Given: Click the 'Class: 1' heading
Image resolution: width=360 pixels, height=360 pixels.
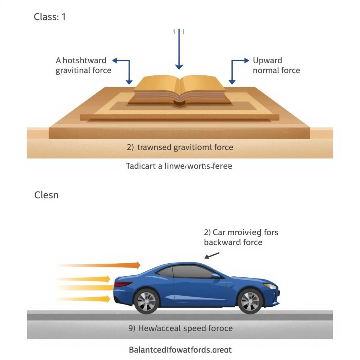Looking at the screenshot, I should pyautogui.click(x=50, y=17).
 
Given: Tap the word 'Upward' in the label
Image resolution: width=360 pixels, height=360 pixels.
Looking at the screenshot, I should pyautogui.click(x=267, y=60).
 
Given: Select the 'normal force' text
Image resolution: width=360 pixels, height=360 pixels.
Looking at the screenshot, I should pyautogui.click(x=276, y=70).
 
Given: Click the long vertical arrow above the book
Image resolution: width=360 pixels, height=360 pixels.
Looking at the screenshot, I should pyautogui.click(x=179, y=49).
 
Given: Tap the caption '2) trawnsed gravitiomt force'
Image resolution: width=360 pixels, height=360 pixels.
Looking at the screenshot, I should pyautogui.click(x=180, y=147).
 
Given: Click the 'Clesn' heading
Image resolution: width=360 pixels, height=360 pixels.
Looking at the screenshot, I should pyautogui.click(x=46, y=195).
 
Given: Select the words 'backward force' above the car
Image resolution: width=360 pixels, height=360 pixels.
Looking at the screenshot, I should pyautogui.click(x=233, y=242).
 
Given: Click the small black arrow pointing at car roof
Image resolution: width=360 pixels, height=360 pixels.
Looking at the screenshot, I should pyautogui.click(x=212, y=255).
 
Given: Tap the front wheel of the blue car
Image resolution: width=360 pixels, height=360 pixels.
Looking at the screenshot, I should pyautogui.click(x=250, y=301).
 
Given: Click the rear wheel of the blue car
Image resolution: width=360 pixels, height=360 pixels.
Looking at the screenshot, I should pyautogui.click(x=147, y=301).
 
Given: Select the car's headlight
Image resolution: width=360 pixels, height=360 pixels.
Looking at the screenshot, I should pyautogui.click(x=270, y=286).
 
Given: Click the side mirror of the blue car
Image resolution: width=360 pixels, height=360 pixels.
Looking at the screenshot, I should pyautogui.click(x=216, y=276).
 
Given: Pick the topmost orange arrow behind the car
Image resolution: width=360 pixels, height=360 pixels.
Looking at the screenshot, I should pyautogui.click(x=102, y=265).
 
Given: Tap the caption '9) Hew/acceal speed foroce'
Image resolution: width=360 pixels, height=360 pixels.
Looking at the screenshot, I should pyautogui.click(x=180, y=328).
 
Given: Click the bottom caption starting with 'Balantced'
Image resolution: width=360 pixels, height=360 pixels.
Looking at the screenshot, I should pyautogui.click(x=180, y=350).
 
